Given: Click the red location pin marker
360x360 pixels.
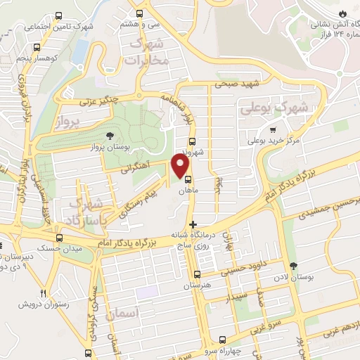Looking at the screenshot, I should click(x=180, y=166).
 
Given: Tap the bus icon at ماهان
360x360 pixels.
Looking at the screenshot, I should click(x=188, y=179).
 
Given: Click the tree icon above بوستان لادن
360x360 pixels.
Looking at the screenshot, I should click(x=293, y=266).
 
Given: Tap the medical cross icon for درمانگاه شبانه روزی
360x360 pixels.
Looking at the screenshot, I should click(x=193, y=225).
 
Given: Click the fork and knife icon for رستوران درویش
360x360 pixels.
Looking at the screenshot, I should click(x=43, y=293).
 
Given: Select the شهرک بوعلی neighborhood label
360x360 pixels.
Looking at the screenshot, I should click(x=274, y=108).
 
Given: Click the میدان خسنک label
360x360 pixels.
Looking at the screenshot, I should click(x=62, y=249).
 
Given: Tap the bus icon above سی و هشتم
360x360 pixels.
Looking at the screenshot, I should click(x=140, y=13).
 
